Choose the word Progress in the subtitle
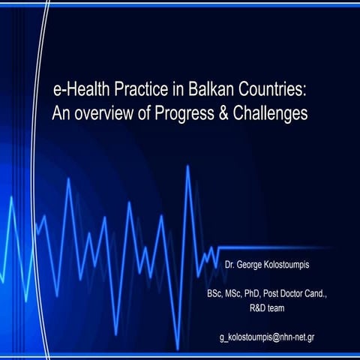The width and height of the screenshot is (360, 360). tap(184, 114)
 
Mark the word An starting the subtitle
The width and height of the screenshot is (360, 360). tap(60, 114)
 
